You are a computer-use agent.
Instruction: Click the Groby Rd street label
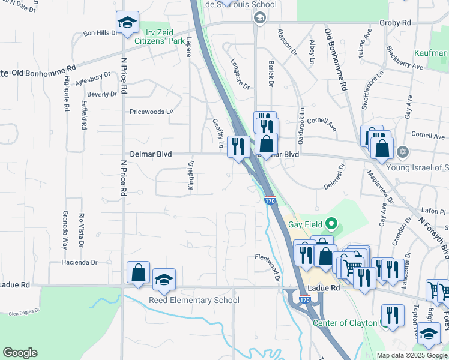(x=395, y=23)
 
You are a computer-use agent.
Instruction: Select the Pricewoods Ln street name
(x=151, y=112)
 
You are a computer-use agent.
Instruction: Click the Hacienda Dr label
(x=79, y=262)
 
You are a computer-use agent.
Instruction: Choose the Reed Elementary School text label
(x=194, y=300)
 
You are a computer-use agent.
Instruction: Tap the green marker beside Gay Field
(x=330, y=226)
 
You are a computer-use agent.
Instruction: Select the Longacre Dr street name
(x=240, y=73)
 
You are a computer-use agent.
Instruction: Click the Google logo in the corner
(x=20, y=353)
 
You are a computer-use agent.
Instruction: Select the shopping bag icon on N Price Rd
(x=139, y=273)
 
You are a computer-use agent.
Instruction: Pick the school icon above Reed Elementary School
(x=164, y=279)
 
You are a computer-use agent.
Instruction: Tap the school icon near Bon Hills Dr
(x=127, y=23)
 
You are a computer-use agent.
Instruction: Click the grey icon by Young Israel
(x=402, y=151)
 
